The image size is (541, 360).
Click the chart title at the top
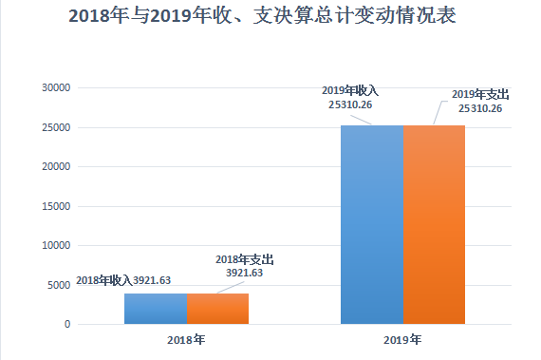[262, 16]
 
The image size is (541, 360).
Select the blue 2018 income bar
[156, 309]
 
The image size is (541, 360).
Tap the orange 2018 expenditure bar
[217, 309]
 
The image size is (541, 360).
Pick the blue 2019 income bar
[372, 225]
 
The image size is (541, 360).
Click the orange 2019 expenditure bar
[434, 225]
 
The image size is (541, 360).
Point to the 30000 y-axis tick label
[56, 87]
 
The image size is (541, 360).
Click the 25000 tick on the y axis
[56, 127]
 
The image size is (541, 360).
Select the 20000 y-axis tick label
[56, 167]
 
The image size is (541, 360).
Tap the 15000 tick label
[56, 206]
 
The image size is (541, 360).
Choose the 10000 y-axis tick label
[56, 245]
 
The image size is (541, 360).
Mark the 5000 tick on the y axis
[59, 285]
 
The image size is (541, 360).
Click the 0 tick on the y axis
[67, 324]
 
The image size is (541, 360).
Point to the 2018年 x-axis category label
[186, 340]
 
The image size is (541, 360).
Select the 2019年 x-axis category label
[402, 340]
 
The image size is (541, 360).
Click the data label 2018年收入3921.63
[123, 280]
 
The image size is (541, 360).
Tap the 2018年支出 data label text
[245, 259]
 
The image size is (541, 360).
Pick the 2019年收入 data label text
[350, 91]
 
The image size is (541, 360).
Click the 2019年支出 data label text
[480, 95]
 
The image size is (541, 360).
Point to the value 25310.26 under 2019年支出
[480, 108]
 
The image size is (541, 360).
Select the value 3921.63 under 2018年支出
[244, 273]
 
